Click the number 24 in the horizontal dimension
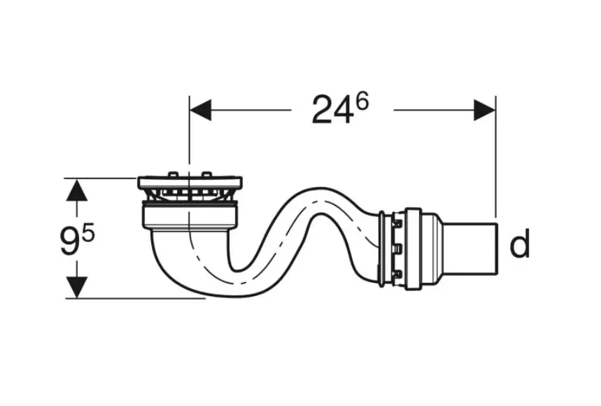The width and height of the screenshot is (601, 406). click(332, 111)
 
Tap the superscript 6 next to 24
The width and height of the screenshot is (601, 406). click(362, 102)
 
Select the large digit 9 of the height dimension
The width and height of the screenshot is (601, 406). click(70, 241)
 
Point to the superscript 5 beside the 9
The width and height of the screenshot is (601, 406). click(87, 234)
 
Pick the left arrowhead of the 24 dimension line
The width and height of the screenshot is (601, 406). click(200, 110)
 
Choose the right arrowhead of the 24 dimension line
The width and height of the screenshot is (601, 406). click(484, 110)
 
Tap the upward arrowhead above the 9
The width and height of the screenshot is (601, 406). click(77, 190)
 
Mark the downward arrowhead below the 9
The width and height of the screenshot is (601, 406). click(77, 287)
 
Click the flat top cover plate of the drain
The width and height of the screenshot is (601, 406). click(190, 183)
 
